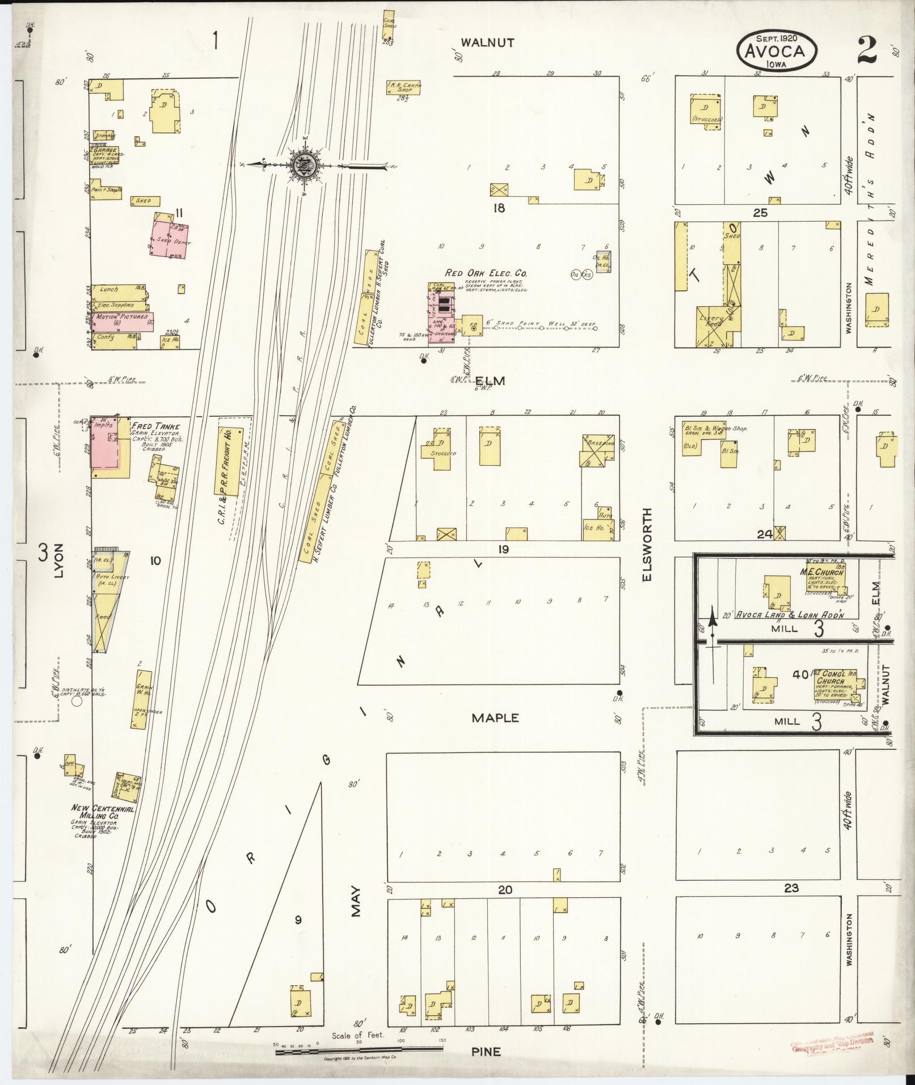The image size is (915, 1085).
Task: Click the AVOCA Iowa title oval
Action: [x=778, y=50]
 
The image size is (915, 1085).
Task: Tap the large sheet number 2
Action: [x=867, y=50]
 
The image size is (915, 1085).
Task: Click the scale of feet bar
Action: [x=361, y=1052]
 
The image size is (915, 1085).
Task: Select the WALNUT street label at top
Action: [x=487, y=43]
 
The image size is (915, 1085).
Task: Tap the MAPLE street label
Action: [x=495, y=718]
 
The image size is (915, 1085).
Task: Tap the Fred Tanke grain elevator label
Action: [x=155, y=426]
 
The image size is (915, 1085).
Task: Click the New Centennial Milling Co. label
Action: [x=102, y=812]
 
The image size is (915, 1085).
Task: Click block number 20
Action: [x=505, y=890]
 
